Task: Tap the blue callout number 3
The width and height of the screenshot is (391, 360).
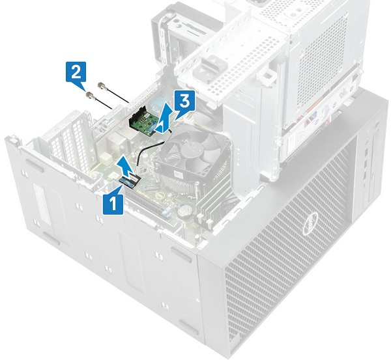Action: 185,101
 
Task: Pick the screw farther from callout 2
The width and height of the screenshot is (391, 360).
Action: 102,85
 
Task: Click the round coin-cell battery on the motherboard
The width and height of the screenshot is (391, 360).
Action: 185,210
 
